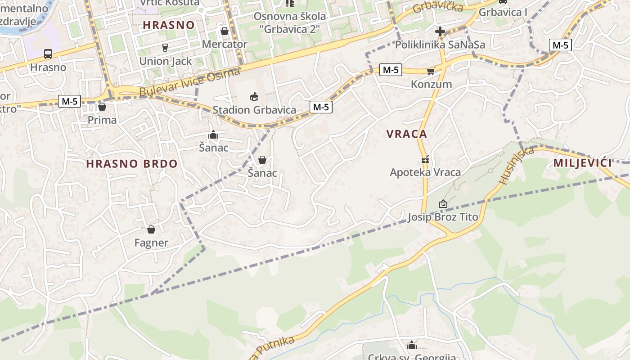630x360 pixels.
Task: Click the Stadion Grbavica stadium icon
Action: pyautogui.click(x=254, y=96)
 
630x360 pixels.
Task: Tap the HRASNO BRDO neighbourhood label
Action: pyautogui.click(x=132, y=164)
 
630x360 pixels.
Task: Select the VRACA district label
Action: pyautogui.click(x=407, y=134)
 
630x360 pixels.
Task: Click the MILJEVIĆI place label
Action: pyautogui.click(x=582, y=163)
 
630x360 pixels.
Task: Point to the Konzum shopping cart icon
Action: pyautogui.click(x=431, y=71)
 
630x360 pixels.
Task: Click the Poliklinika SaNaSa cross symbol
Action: pyautogui.click(x=440, y=31)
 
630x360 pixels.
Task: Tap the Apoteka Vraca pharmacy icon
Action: pyautogui.click(x=425, y=159)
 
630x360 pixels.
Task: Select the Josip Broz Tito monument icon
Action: pyautogui.click(x=443, y=204)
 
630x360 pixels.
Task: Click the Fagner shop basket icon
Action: pyautogui.click(x=151, y=229)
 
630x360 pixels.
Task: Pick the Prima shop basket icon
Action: pyautogui.click(x=102, y=107)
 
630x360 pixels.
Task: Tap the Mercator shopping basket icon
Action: pyautogui.click(x=225, y=31)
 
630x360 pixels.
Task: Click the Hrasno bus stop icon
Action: pyautogui.click(x=48, y=54)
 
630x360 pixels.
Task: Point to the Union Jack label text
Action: pyautogui.click(x=166, y=61)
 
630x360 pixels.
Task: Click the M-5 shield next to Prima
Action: pyautogui.click(x=69, y=101)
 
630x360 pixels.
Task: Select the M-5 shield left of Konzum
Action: pyautogui.click(x=390, y=70)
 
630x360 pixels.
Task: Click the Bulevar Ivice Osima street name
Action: pyautogui.click(x=190, y=82)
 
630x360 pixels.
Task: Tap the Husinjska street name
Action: pyautogui.click(x=516, y=165)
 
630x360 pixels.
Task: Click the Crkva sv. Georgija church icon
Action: pyautogui.click(x=411, y=345)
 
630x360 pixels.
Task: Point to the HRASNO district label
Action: pyautogui.click(x=169, y=25)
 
